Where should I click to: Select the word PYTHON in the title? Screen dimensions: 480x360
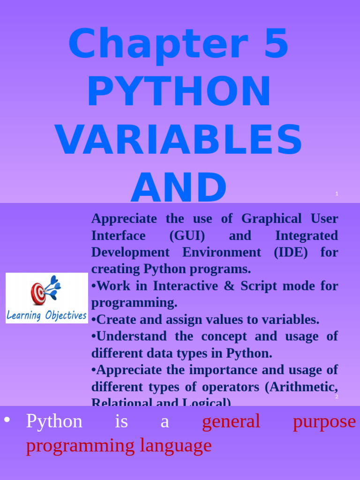(x=179, y=92)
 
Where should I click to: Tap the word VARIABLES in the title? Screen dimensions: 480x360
(x=179, y=140)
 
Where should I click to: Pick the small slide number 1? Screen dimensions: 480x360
(x=337, y=194)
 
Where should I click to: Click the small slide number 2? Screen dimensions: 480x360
(x=337, y=397)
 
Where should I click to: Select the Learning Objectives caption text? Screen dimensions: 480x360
(x=46, y=315)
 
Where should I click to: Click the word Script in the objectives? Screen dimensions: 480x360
(x=257, y=286)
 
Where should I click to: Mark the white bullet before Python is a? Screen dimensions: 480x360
(x=7, y=420)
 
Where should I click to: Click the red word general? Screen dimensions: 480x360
(x=231, y=421)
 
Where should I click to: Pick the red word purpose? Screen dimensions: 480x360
(x=324, y=421)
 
